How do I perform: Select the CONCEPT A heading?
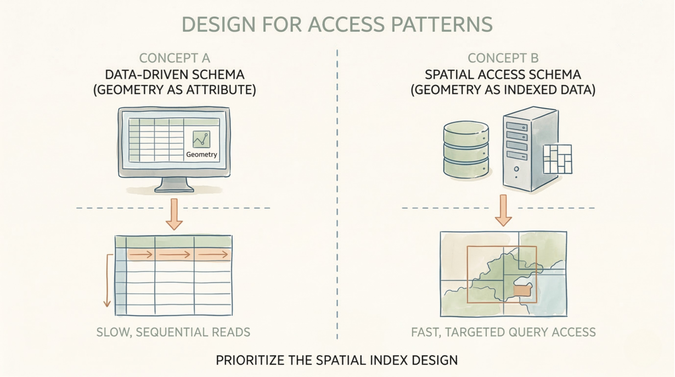(174, 58)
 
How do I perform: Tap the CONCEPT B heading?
(503, 58)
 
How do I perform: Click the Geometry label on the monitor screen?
(201, 155)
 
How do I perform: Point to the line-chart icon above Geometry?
(201, 139)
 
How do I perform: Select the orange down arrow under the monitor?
(174, 215)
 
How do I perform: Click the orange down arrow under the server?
(503, 211)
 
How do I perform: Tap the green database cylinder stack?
(465, 150)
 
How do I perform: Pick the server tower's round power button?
(516, 170)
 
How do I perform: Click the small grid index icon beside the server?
(557, 159)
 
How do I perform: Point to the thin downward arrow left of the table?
(108, 280)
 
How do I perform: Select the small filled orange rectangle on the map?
(522, 290)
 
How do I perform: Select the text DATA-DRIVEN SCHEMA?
(175, 75)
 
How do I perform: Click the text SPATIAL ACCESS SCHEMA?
(503, 75)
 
